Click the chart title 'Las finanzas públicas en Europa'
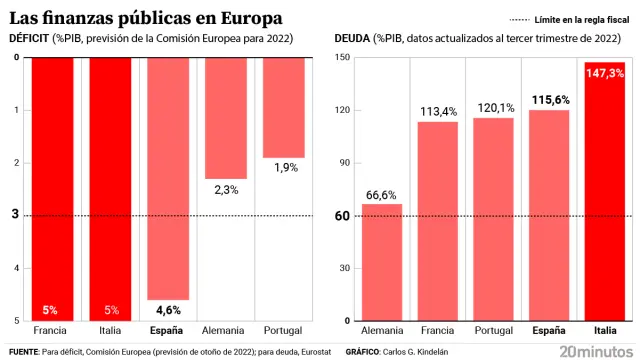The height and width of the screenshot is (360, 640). click(145, 18)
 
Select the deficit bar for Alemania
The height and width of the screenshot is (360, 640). click(226, 118)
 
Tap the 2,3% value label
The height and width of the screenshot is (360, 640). click(226, 190)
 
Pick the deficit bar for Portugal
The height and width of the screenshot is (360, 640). click(284, 107)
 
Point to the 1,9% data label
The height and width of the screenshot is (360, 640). click(284, 168)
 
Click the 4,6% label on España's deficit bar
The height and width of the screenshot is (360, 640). click(168, 310)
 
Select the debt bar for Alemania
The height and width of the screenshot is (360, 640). click(382, 262)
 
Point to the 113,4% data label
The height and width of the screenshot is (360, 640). click(437, 112)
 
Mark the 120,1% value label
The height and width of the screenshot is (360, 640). click(493, 107)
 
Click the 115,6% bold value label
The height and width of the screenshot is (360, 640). click(548, 100)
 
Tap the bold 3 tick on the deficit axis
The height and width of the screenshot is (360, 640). click(14, 215)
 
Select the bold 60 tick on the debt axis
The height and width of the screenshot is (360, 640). click(342, 216)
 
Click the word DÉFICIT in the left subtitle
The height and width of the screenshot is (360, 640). click(31, 38)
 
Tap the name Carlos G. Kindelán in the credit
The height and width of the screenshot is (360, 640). click(418, 352)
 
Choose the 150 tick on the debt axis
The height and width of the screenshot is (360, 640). click(341, 57)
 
